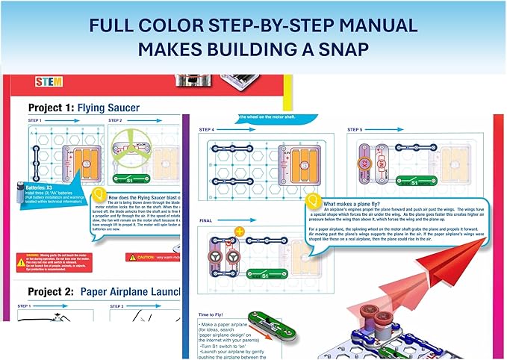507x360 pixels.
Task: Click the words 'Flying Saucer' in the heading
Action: (x=112, y=107)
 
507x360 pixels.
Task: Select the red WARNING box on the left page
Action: (x=49, y=261)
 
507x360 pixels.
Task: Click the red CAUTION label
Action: (x=153, y=257)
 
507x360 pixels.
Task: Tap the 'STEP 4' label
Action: (x=208, y=128)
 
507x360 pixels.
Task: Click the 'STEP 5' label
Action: (x=356, y=128)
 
